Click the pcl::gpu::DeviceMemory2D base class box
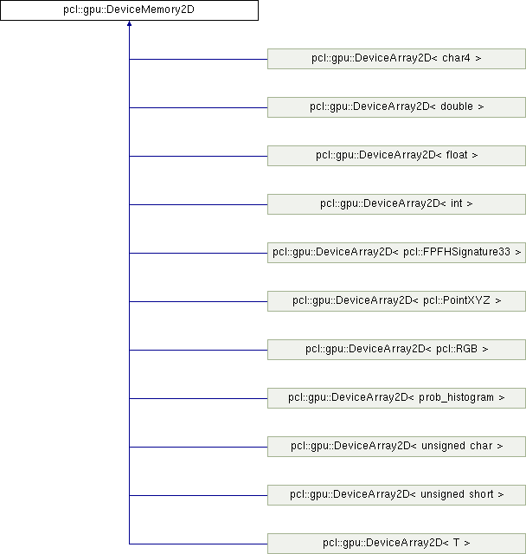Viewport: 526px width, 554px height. tap(128, 11)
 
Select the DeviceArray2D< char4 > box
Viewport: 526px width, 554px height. tap(396, 59)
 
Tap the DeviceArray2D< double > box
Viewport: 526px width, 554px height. tap(396, 107)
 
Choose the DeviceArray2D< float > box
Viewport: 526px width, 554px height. tap(396, 156)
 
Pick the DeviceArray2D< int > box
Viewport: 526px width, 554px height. tap(396, 204)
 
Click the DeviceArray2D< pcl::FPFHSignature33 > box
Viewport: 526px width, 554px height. tap(396, 253)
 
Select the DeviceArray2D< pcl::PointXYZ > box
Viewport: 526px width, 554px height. tap(396, 301)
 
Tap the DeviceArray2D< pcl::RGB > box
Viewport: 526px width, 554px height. tap(396, 350)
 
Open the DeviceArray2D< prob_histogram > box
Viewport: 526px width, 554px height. tap(396, 398)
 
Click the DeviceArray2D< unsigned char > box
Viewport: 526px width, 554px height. tap(396, 447)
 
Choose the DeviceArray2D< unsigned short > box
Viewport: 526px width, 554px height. tap(396, 495)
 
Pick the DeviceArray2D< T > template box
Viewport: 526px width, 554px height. tap(396, 544)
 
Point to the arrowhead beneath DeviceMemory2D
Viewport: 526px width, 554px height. tap(128, 27)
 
